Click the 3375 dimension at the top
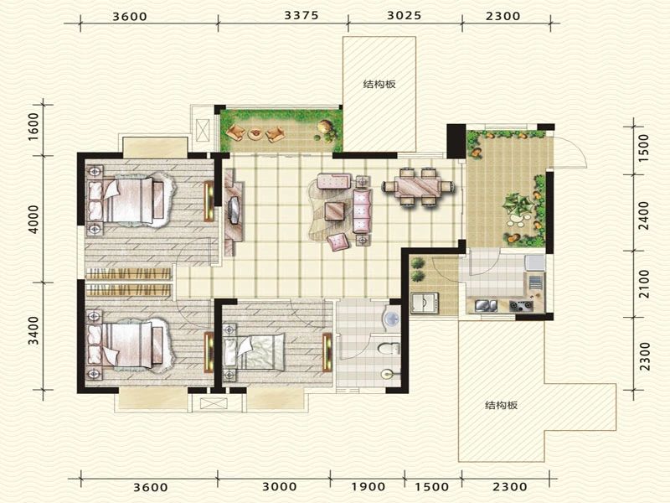[x=301, y=15]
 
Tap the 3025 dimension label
[x=405, y=15]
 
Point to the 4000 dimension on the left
[x=33, y=219]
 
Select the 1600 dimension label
[x=33, y=127]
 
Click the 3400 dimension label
[x=33, y=330]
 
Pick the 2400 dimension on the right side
[x=643, y=215]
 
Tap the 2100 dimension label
[x=643, y=283]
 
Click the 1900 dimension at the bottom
[x=368, y=487]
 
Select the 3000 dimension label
[x=279, y=487]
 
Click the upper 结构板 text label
[x=379, y=85]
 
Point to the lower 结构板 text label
[x=501, y=405]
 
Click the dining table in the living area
[x=418, y=187]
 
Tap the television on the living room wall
[x=234, y=210]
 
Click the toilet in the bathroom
[x=389, y=348]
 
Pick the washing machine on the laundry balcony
[x=424, y=303]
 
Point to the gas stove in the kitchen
[x=521, y=305]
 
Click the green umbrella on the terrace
[x=518, y=205]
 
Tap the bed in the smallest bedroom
[x=254, y=352]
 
